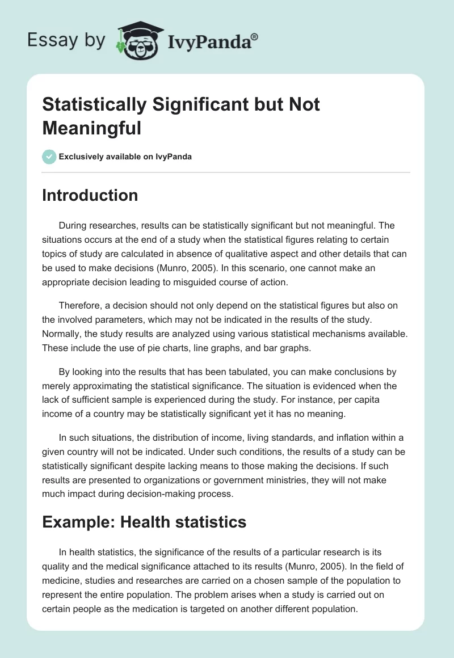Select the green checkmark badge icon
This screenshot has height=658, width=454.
point(49,157)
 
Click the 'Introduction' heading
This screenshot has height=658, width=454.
point(90,195)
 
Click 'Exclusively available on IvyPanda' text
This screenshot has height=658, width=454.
point(125,157)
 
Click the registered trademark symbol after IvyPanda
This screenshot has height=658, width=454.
point(255,36)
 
